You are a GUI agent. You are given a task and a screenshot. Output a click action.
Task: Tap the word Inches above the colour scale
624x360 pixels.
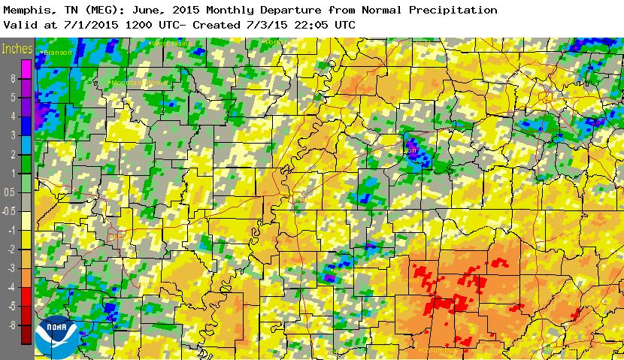coord(17,50)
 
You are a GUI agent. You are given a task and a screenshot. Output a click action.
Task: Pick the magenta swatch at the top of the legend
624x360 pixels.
coord(26,68)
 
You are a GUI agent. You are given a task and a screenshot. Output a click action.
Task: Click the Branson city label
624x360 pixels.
coord(58,53)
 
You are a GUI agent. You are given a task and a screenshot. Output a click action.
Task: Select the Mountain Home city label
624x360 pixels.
coord(135,82)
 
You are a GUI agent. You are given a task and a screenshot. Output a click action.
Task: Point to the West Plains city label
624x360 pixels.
coord(171,44)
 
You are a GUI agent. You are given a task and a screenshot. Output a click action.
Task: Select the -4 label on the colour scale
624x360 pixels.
coord(12,287)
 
